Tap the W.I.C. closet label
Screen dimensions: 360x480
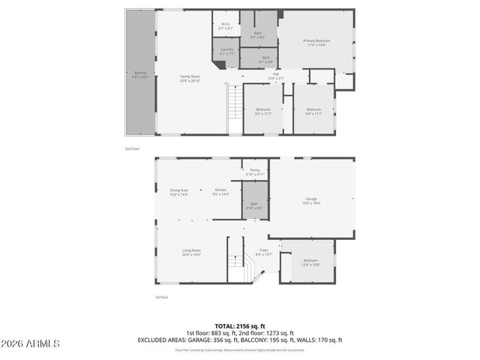[x=226, y=25]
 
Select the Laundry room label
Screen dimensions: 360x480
[x=226, y=52]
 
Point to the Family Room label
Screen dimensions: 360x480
[x=190, y=78]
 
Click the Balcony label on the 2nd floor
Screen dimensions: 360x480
[x=140, y=74]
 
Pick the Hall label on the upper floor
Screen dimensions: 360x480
[x=275, y=76]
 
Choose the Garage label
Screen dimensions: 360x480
[x=310, y=200]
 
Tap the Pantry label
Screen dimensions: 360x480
[x=254, y=172]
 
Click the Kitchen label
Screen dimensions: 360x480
[x=221, y=192]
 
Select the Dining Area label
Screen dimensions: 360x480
[x=178, y=192]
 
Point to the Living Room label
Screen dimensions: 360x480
[x=191, y=252]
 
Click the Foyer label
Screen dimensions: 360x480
[x=263, y=252]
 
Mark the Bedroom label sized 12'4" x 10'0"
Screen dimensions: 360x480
[x=310, y=262]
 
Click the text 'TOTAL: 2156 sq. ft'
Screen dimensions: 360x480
[x=239, y=325]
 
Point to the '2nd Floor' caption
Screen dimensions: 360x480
[x=132, y=148]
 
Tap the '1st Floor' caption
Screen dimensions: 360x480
[x=161, y=297]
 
